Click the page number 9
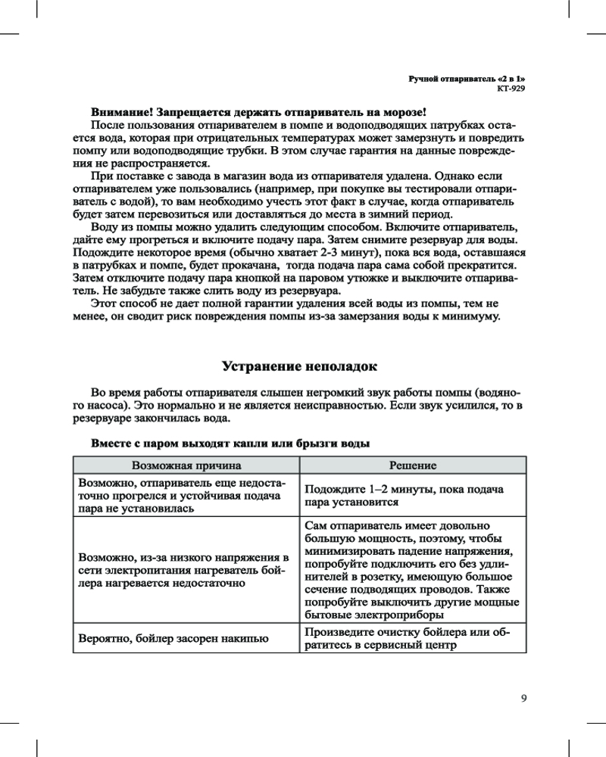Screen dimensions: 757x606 pyautogui.click(x=523, y=697)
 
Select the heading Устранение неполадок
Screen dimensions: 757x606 pyautogui.click(x=299, y=366)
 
